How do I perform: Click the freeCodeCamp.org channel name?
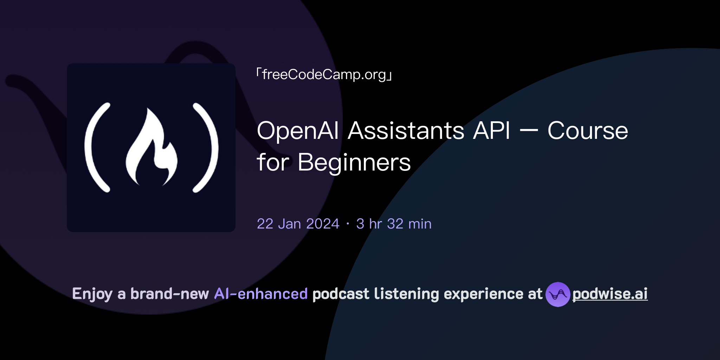point(324,75)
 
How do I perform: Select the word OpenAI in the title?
point(297,131)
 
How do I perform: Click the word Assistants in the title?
point(406,131)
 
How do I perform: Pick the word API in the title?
point(491,131)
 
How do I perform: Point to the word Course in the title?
point(587,131)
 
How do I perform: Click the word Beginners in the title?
point(354,162)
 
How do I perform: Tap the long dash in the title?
point(528,131)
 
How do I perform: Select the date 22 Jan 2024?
point(298,224)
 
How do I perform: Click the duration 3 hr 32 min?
point(394,224)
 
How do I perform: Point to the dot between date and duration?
point(348,224)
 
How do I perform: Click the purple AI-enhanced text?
point(261,294)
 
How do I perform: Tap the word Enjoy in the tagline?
point(92,294)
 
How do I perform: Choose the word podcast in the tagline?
point(341,294)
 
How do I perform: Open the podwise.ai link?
point(610,294)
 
